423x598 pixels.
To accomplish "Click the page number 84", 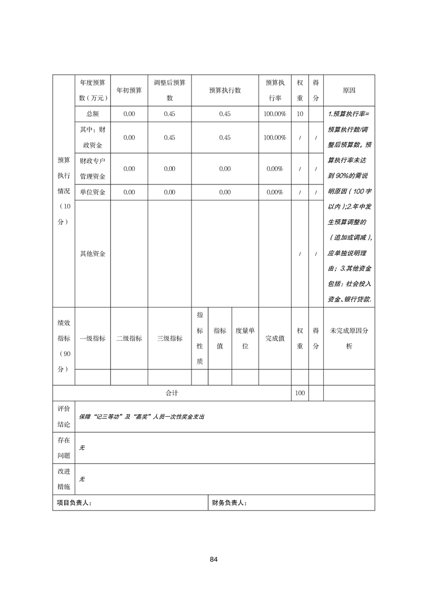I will click(x=213, y=559).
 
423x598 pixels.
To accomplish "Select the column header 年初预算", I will click(x=129, y=90).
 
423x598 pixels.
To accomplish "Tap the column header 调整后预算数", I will click(x=170, y=90).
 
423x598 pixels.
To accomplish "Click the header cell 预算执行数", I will click(x=225, y=90).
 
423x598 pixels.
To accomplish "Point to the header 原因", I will click(x=349, y=90).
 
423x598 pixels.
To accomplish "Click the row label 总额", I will click(x=92, y=114).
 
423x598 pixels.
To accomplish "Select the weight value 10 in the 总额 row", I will click(x=300, y=114).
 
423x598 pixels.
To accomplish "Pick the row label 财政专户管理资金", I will click(x=92, y=168).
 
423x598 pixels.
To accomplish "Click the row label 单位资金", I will click(x=92, y=192).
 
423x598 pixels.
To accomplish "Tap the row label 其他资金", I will click(x=92, y=254).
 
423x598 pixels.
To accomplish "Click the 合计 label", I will click(x=172, y=393).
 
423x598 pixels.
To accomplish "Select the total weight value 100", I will click(x=300, y=393).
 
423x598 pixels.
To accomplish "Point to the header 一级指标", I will click(x=92, y=338).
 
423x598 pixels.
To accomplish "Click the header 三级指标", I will click(x=170, y=338).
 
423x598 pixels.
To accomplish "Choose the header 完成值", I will click(x=275, y=338).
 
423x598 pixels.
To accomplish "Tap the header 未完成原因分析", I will click(x=349, y=338).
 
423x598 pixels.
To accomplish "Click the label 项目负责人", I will click(x=74, y=503).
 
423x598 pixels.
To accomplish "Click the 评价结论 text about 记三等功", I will click(x=141, y=417).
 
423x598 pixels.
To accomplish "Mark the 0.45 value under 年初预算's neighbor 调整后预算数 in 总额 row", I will click(x=170, y=114).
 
